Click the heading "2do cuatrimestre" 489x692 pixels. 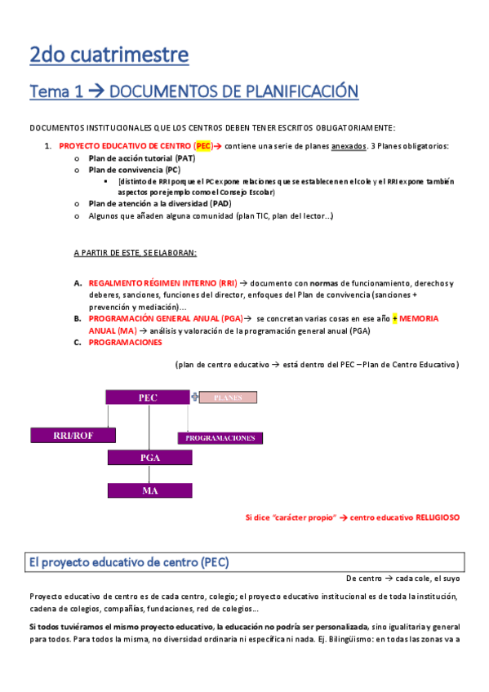[109, 55]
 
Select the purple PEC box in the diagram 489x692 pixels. [148, 397]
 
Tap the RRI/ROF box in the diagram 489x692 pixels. [73, 435]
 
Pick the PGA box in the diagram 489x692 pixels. [149, 457]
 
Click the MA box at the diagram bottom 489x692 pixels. [149, 490]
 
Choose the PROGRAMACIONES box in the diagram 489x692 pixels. [220, 437]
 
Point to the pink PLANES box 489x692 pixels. [228, 397]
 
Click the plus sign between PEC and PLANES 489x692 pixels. [194, 397]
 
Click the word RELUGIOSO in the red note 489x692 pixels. [437, 517]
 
